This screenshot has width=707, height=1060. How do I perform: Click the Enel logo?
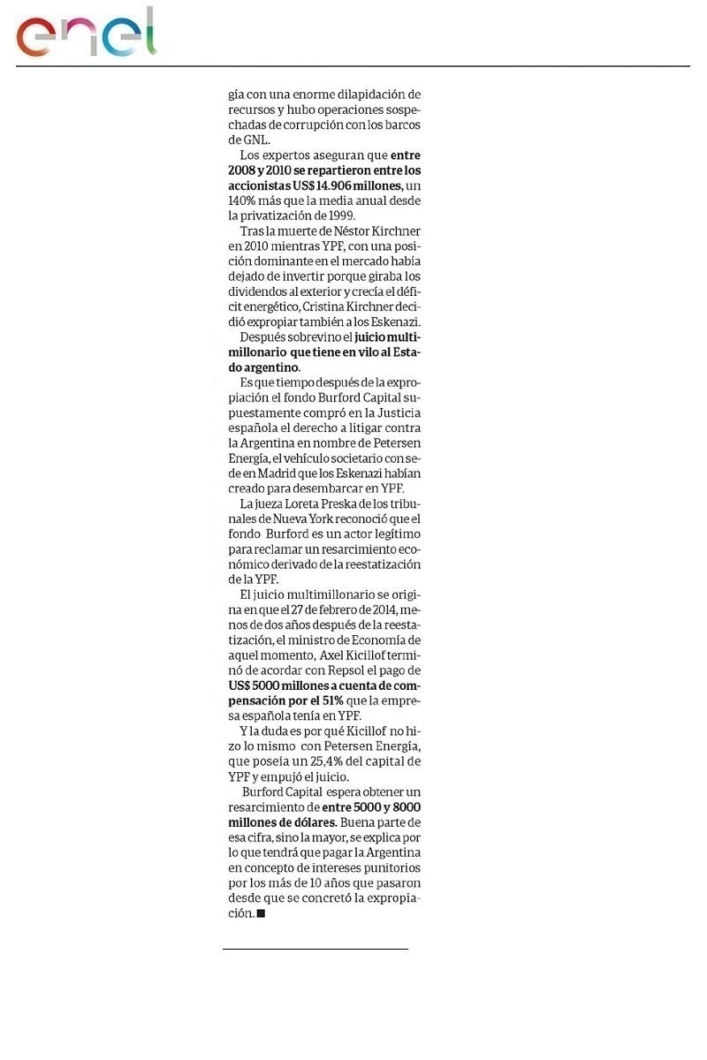86,34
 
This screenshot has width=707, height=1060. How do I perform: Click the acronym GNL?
243,140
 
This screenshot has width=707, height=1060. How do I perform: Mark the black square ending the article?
261,914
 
